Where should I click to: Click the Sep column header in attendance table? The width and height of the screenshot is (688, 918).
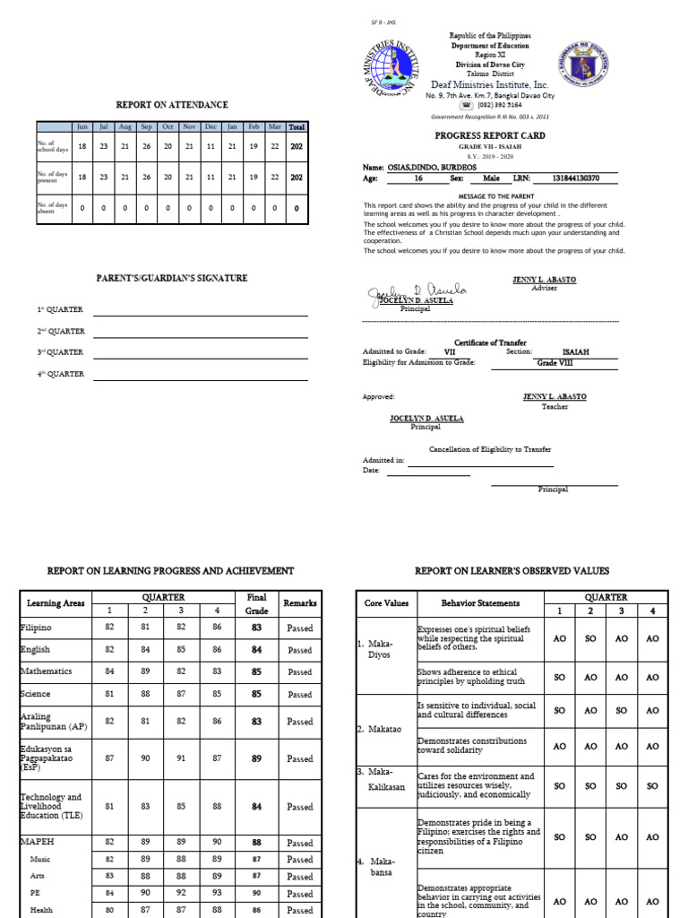[x=146, y=126]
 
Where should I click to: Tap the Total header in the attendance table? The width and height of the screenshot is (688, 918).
[x=297, y=126]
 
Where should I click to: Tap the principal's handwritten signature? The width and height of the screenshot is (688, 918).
[x=411, y=292]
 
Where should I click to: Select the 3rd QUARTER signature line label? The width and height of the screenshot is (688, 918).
[x=60, y=352]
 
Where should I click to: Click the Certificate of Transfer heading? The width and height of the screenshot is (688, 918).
[x=490, y=342]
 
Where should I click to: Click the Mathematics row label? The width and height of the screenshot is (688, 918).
[x=47, y=671]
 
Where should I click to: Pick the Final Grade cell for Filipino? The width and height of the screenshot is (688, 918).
[x=257, y=628]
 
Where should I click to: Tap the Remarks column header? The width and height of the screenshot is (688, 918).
[x=300, y=603]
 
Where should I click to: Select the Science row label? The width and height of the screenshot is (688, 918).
[x=36, y=694]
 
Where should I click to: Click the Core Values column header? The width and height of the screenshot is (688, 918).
[x=385, y=603]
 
